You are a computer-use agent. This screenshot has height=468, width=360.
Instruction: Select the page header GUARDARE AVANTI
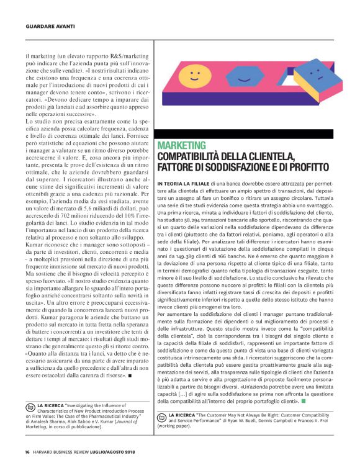pyautogui.click(x=51, y=26)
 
